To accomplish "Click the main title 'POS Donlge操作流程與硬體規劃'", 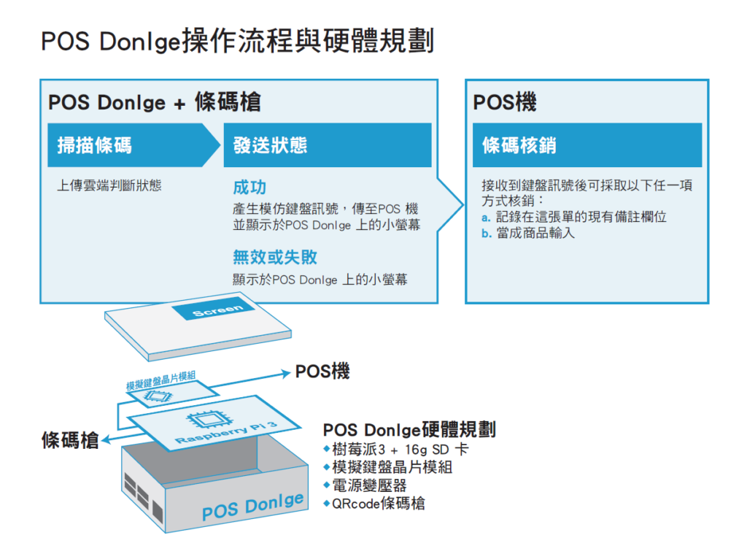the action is pos(237,41).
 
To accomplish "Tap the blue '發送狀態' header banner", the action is pos(328,145).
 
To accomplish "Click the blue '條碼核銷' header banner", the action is pos(587,145).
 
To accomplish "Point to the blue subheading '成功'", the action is pos(249,188).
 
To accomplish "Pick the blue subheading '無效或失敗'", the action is pos(275,257).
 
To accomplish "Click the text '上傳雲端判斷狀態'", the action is pos(109,185).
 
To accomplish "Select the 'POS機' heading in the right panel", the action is pos(505,102).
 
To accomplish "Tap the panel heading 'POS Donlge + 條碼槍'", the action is pos(155,102).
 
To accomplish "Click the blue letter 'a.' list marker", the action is pos(486,218).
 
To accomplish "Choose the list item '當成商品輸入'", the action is pos(535,233).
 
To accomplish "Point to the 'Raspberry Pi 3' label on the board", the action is pos(226,433).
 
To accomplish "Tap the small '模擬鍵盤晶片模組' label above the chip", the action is pos(161,380).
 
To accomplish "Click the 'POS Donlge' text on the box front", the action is pos(252,507).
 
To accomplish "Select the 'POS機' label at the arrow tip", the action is pos(322,371).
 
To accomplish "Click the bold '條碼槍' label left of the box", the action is pos(70,439).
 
